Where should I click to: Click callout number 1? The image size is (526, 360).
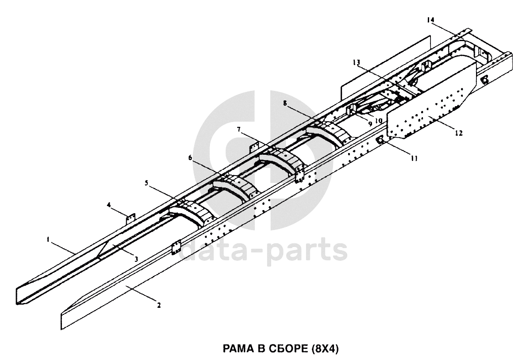click(x=48, y=239)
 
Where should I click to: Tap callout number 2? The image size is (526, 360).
click(x=159, y=305)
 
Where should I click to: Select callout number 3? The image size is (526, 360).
click(x=136, y=259)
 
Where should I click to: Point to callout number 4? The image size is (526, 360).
click(x=108, y=204)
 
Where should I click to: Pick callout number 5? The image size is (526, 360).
click(x=146, y=183)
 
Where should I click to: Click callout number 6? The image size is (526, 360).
click(x=190, y=158)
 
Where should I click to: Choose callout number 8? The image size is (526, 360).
click(x=285, y=103)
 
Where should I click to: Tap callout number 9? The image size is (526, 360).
click(x=370, y=123)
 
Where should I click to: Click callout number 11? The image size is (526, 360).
click(x=414, y=158)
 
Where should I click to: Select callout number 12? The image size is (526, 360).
click(x=459, y=133)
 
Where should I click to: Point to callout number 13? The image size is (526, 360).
click(x=356, y=62)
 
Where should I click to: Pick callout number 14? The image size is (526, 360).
click(x=431, y=20)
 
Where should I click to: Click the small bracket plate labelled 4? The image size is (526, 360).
click(x=130, y=219)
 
